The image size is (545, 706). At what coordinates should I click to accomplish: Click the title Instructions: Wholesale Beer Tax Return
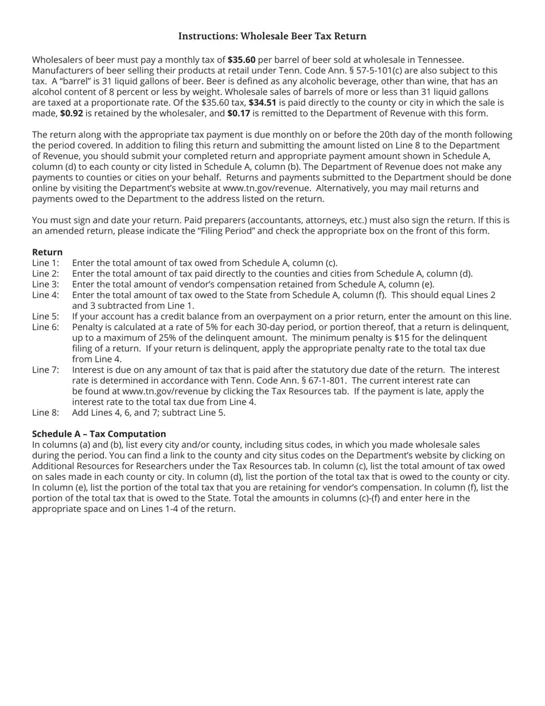pyautogui.click(x=272, y=36)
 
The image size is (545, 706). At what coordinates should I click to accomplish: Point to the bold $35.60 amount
pyautogui.click(x=242, y=60)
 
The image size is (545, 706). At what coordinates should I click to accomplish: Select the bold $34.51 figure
pyautogui.click(x=262, y=103)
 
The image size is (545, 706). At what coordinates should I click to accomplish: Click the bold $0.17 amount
pyautogui.click(x=239, y=114)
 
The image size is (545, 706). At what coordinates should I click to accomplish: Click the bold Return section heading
pyautogui.click(x=47, y=253)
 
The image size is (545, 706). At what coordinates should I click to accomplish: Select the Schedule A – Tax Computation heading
pyautogui.click(x=99, y=434)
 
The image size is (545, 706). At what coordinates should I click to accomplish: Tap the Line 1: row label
pyautogui.click(x=45, y=263)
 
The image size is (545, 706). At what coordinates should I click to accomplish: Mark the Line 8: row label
pyautogui.click(x=45, y=413)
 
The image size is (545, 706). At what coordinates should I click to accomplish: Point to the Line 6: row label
pyautogui.click(x=45, y=327)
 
